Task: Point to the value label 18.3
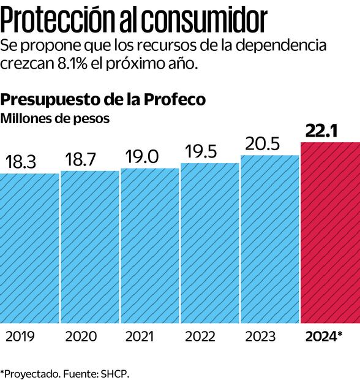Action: pyautogui.click(x=21, y=162)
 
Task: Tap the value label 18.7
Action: pyautogui.click(x=81, y=160)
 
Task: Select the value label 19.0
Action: pyautogui.click(x=141, y=157)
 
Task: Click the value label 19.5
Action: pyautogui.click(x=201, y=152)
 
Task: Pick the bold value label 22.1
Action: pyautogui.click(x=321, y=131)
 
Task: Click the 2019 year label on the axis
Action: pyautogui.click(x=20, y=336)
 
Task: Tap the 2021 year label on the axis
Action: pyautogui.click(x=141, y=336)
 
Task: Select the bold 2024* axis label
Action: pyautogui.click(x=323, y=336)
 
